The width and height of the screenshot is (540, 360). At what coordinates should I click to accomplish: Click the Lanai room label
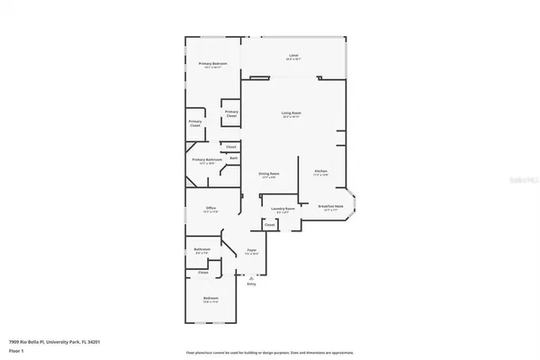point(293,56)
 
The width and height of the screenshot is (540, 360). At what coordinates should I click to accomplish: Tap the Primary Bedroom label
point(213,64)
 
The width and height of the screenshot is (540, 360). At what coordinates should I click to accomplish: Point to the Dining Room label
point(269,174)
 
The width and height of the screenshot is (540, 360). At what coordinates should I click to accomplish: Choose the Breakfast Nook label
point(331,205)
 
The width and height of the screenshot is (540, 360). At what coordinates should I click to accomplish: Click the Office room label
point(211,208)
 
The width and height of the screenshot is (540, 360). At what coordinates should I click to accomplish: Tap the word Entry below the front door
point(251,284)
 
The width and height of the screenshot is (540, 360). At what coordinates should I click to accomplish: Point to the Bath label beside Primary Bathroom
point(233,158)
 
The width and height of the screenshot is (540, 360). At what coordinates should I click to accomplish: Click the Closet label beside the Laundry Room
point(269,225)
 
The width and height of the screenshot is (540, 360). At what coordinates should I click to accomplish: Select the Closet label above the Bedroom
point(203,272)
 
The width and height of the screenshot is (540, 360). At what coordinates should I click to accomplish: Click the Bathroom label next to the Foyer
point(202,249)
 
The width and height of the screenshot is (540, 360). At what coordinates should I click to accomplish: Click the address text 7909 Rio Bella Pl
point(54,341)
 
